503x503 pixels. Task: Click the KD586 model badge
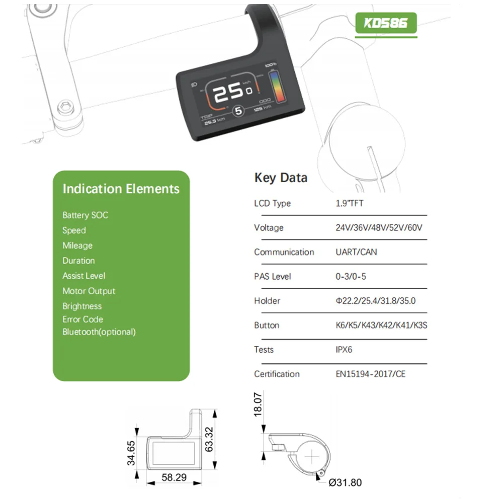pos(386,23)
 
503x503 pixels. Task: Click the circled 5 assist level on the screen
pos(239,110)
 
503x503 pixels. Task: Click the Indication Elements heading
pos(121,189)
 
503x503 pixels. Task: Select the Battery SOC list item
pos(85,215)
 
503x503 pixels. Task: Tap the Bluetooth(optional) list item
pos(99,332)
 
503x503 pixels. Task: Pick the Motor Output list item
pos(89,291)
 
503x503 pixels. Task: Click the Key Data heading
pos(281,178)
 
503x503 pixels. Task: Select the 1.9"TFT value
pos(349,204)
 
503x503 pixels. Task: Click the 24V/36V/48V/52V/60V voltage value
pos(379,228)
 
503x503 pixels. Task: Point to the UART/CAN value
pos(356,252)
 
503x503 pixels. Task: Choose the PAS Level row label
pos(273,277)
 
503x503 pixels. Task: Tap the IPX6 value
pos(344,350)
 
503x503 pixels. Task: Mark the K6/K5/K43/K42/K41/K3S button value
pos(381,325)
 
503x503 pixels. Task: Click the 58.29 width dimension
pos(174,477)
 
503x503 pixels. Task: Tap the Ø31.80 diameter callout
pos(345,483)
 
